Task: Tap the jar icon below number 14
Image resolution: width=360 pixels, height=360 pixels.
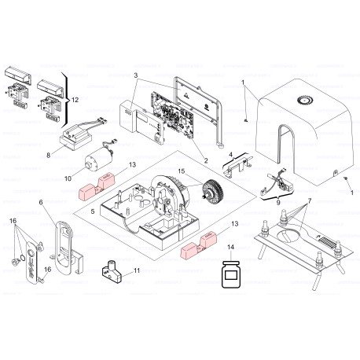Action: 230,276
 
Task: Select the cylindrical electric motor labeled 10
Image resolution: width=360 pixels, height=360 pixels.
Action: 99,162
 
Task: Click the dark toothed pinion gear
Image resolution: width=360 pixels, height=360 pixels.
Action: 210,192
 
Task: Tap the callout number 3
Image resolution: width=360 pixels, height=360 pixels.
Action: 136,76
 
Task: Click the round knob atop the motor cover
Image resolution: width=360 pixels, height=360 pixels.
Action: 305,101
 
